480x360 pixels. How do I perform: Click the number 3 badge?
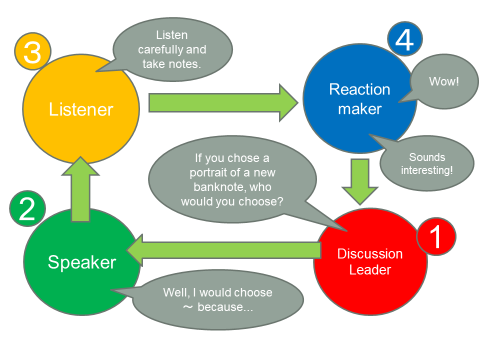33,51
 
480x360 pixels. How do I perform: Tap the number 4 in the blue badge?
405,39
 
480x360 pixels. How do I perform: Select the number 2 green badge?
27,209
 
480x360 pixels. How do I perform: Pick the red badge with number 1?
436,236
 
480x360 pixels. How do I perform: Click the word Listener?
81,109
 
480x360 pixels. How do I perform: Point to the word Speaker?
82,262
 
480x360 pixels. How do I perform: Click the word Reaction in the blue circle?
359,89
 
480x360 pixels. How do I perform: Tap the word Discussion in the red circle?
370,254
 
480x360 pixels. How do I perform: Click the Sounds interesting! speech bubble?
427,163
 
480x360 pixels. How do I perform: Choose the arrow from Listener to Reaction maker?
223,103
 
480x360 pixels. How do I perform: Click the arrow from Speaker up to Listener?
80,189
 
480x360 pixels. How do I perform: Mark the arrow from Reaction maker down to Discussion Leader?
360,182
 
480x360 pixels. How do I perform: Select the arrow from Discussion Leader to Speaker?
223,250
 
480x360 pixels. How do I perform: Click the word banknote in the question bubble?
216,187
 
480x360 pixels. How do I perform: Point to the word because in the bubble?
225,307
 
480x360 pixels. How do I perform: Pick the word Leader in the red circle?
370,270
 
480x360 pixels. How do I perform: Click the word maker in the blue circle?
360,109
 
